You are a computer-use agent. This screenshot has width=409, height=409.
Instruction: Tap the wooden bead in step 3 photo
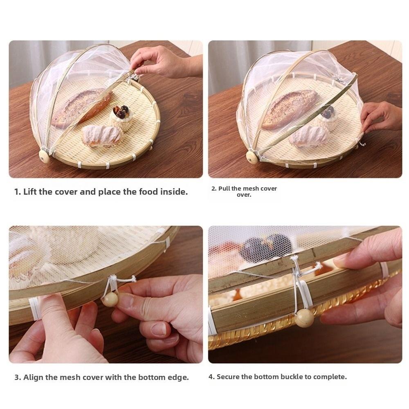(x=110, y=299)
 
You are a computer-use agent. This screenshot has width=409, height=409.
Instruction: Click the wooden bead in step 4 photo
(x=304, y=317)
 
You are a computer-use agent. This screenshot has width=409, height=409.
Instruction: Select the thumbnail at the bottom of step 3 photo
(x=159, y=329)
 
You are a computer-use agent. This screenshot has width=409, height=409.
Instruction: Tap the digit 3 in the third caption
(x=17, y=378)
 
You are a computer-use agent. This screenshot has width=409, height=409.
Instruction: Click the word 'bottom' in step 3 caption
(x=153, y=378)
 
